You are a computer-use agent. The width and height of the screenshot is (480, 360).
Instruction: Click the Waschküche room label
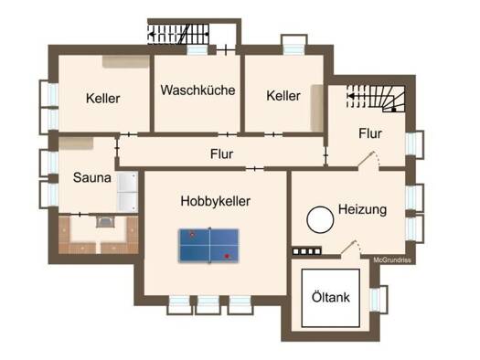tap(197, 90)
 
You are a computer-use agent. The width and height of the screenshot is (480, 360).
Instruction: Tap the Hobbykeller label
tap(216, 201)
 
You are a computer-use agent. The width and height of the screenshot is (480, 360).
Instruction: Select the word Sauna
tap(91, 177)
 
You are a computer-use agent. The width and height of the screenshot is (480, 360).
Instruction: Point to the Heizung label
tap(362, 210)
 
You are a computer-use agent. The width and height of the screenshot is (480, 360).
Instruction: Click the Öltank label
tap(331, 297)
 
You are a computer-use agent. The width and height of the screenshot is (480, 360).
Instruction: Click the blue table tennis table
tap(208, 245)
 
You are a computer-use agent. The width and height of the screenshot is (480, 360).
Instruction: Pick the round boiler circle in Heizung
tap(320, 219)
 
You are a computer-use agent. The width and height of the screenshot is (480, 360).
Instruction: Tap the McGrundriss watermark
tap(392, 260)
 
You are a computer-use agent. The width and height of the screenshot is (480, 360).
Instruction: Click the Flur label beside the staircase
tap(370, 133)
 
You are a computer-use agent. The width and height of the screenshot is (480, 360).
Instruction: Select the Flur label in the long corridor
tap(221, 154)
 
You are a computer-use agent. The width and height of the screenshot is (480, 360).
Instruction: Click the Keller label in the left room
tap(102, 99)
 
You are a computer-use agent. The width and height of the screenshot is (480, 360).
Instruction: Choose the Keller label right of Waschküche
tap(283, 96)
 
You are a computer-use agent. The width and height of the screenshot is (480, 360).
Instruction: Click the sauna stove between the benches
tap(105, 221)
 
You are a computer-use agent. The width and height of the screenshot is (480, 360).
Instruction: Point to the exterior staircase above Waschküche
tap(178, 34)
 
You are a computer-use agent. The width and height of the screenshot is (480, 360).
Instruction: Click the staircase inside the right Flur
tap(376, 98)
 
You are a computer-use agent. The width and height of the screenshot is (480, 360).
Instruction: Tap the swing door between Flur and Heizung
tap(368, 160)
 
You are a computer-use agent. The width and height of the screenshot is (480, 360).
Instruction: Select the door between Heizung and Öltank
tap(351, 248)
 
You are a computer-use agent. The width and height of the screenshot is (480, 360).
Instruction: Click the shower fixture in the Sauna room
tap(127, 192)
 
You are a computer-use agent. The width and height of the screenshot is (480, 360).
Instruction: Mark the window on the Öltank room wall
tap(379, 299)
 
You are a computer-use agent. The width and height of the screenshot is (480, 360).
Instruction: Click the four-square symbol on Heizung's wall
tap(306, 251)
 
